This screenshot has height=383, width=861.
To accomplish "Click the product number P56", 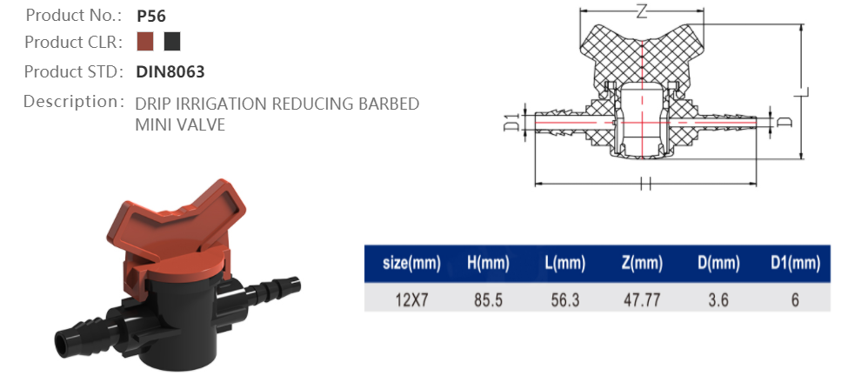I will (151, 16).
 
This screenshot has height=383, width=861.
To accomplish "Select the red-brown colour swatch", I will (145, 42).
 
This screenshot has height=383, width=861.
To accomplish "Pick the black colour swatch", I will (172, 42).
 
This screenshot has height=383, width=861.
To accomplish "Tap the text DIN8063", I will (170, 72).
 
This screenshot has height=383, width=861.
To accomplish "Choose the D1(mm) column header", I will (795, 263).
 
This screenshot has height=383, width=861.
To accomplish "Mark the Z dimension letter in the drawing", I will (641, 12).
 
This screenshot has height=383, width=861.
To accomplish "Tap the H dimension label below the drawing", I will (644, 184).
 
